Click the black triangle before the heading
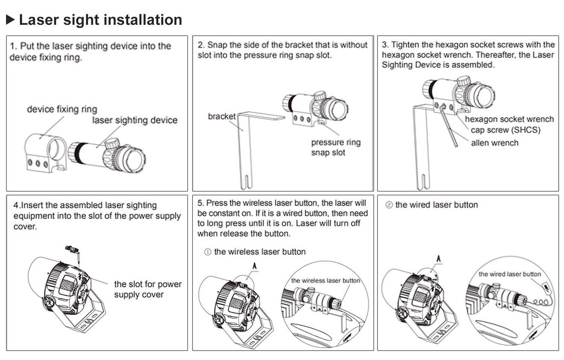click(11, 20)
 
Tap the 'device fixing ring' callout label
click(62, 109)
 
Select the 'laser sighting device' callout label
click(135, 120)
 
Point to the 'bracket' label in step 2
click(221, 116)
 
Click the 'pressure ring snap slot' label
click(335, 147)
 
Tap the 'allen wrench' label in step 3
click(494, 143)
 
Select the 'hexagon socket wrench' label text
click(509, 119)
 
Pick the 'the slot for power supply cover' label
click(148, 289)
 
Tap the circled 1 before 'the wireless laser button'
click(208, 252)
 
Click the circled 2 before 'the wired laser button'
click(389, 205)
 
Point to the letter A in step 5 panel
click(255, 266)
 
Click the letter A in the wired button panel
click(438, 259)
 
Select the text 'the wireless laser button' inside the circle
click(325, 281)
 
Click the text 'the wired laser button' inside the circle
click(509, 274)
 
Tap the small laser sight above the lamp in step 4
click(73, 250)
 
